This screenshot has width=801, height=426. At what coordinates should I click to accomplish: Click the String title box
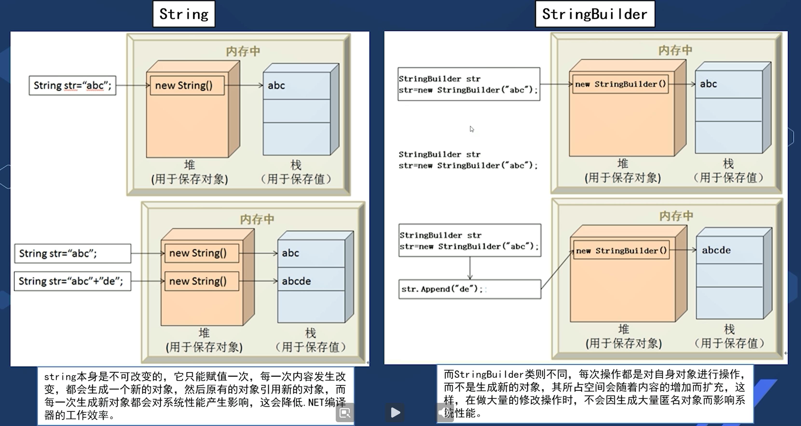(x=184, y=14)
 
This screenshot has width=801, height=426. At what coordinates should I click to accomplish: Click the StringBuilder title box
(x=595, y=14)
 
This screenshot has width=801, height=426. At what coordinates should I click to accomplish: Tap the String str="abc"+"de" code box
(x=72, y=281)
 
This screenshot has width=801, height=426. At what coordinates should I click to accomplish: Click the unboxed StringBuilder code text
(x=468, y=160)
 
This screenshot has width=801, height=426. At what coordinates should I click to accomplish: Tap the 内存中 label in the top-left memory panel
(x=243, y=51)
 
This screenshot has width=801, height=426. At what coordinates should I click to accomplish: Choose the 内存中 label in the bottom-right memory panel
(x=676, y=216)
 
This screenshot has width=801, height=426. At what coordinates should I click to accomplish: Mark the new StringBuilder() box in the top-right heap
(x=620, y=84)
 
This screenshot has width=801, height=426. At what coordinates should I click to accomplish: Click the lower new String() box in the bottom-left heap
(x=201, y=281)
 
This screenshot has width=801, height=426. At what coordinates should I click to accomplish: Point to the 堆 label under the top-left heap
(x=189, y=165)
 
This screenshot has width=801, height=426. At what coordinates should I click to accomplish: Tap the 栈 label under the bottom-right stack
(x=729, y=329)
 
